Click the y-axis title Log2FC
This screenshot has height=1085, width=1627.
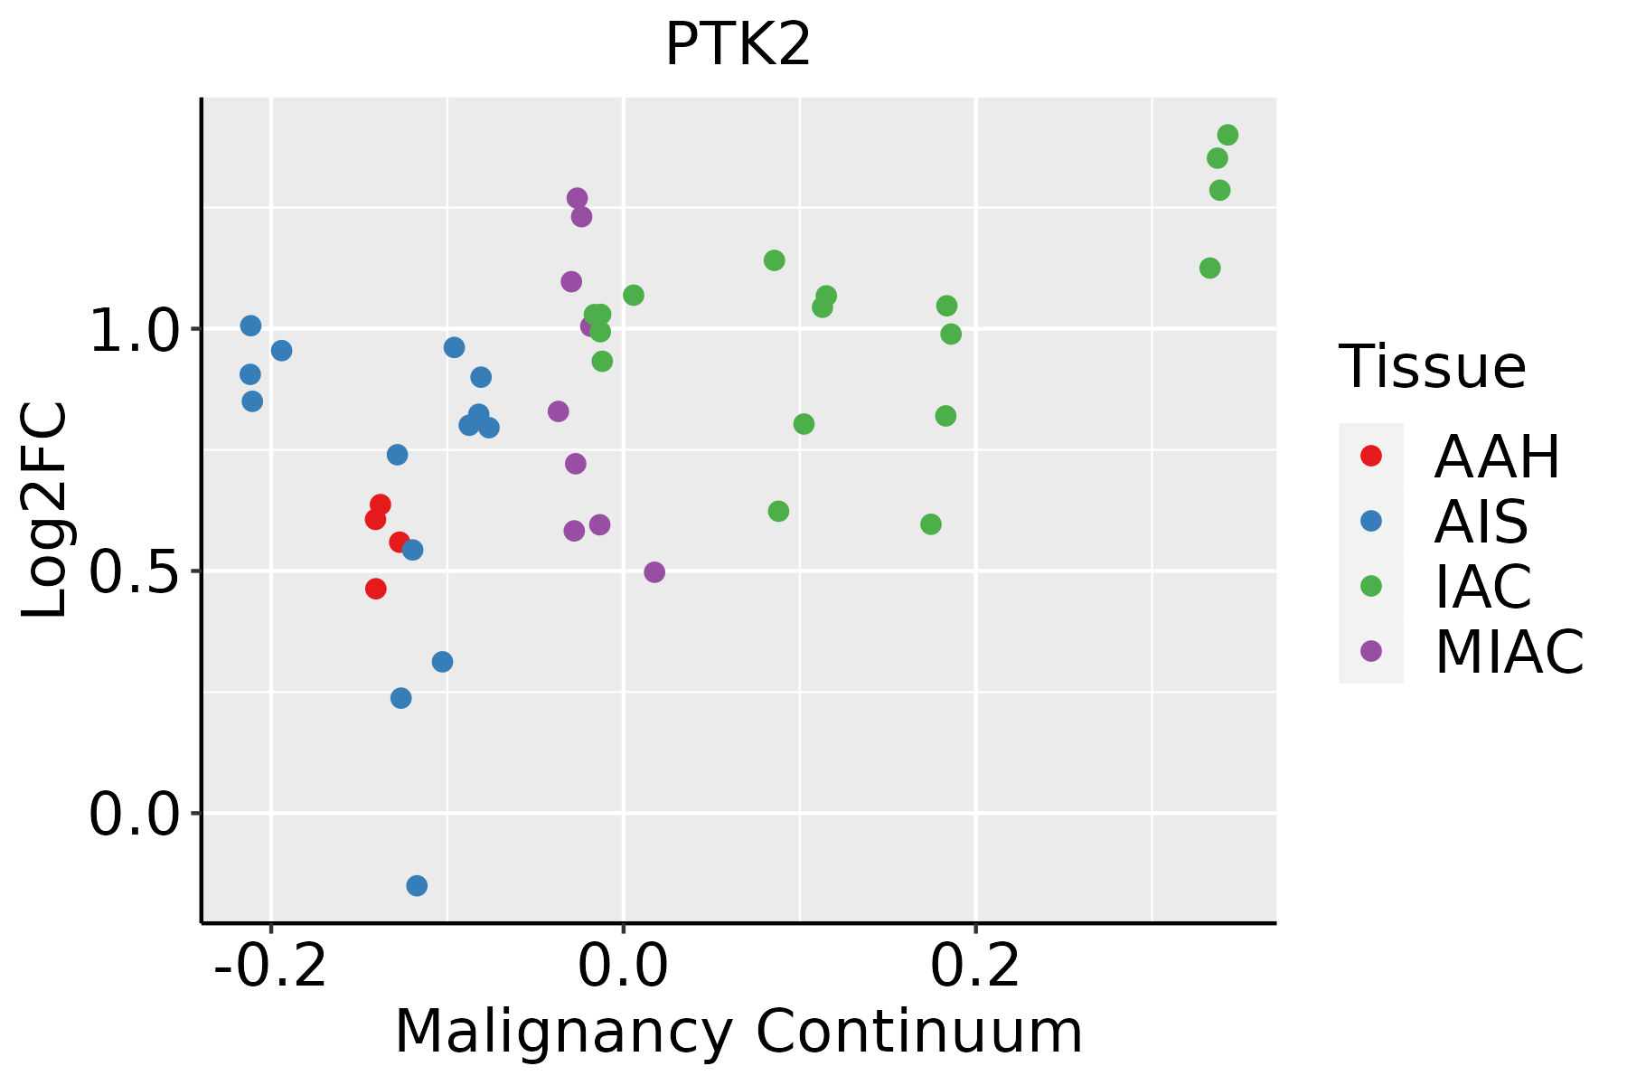(x=45, y=510)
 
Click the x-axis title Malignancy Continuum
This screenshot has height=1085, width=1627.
(x=738, y=1032)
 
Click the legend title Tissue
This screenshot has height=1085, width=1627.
(x=1433, y=367)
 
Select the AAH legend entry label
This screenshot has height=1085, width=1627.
(x=1497, y=457)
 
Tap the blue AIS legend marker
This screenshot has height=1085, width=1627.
(x=1371, y=521)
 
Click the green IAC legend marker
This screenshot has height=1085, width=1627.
(x=1371, y=586)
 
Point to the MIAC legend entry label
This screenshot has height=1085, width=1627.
(x=1509, y=651)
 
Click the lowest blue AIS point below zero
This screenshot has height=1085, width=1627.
(x=417, y=885)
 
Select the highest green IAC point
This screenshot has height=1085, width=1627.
(x=1227, y=136)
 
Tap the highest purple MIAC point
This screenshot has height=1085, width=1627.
(x=577, y=198)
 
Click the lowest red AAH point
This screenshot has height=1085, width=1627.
(x=376, y=589)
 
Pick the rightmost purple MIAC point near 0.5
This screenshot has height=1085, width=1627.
(x=654, y=572)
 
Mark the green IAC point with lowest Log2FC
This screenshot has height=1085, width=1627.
(x=931, y=524)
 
